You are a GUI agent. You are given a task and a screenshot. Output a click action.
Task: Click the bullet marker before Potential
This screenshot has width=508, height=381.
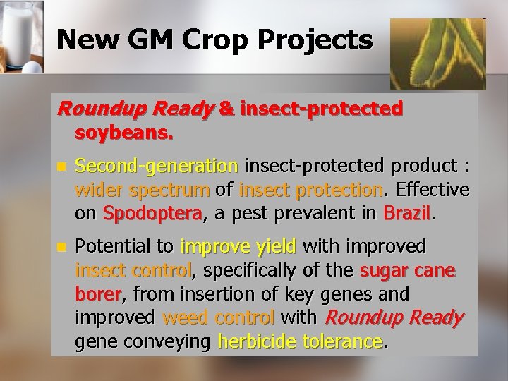(x=61, y=248)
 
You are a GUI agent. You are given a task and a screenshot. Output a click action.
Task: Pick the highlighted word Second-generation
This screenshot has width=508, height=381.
(x=157, y=167)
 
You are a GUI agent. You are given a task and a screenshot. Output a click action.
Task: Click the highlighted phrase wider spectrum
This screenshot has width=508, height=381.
(x=142, y=190)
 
